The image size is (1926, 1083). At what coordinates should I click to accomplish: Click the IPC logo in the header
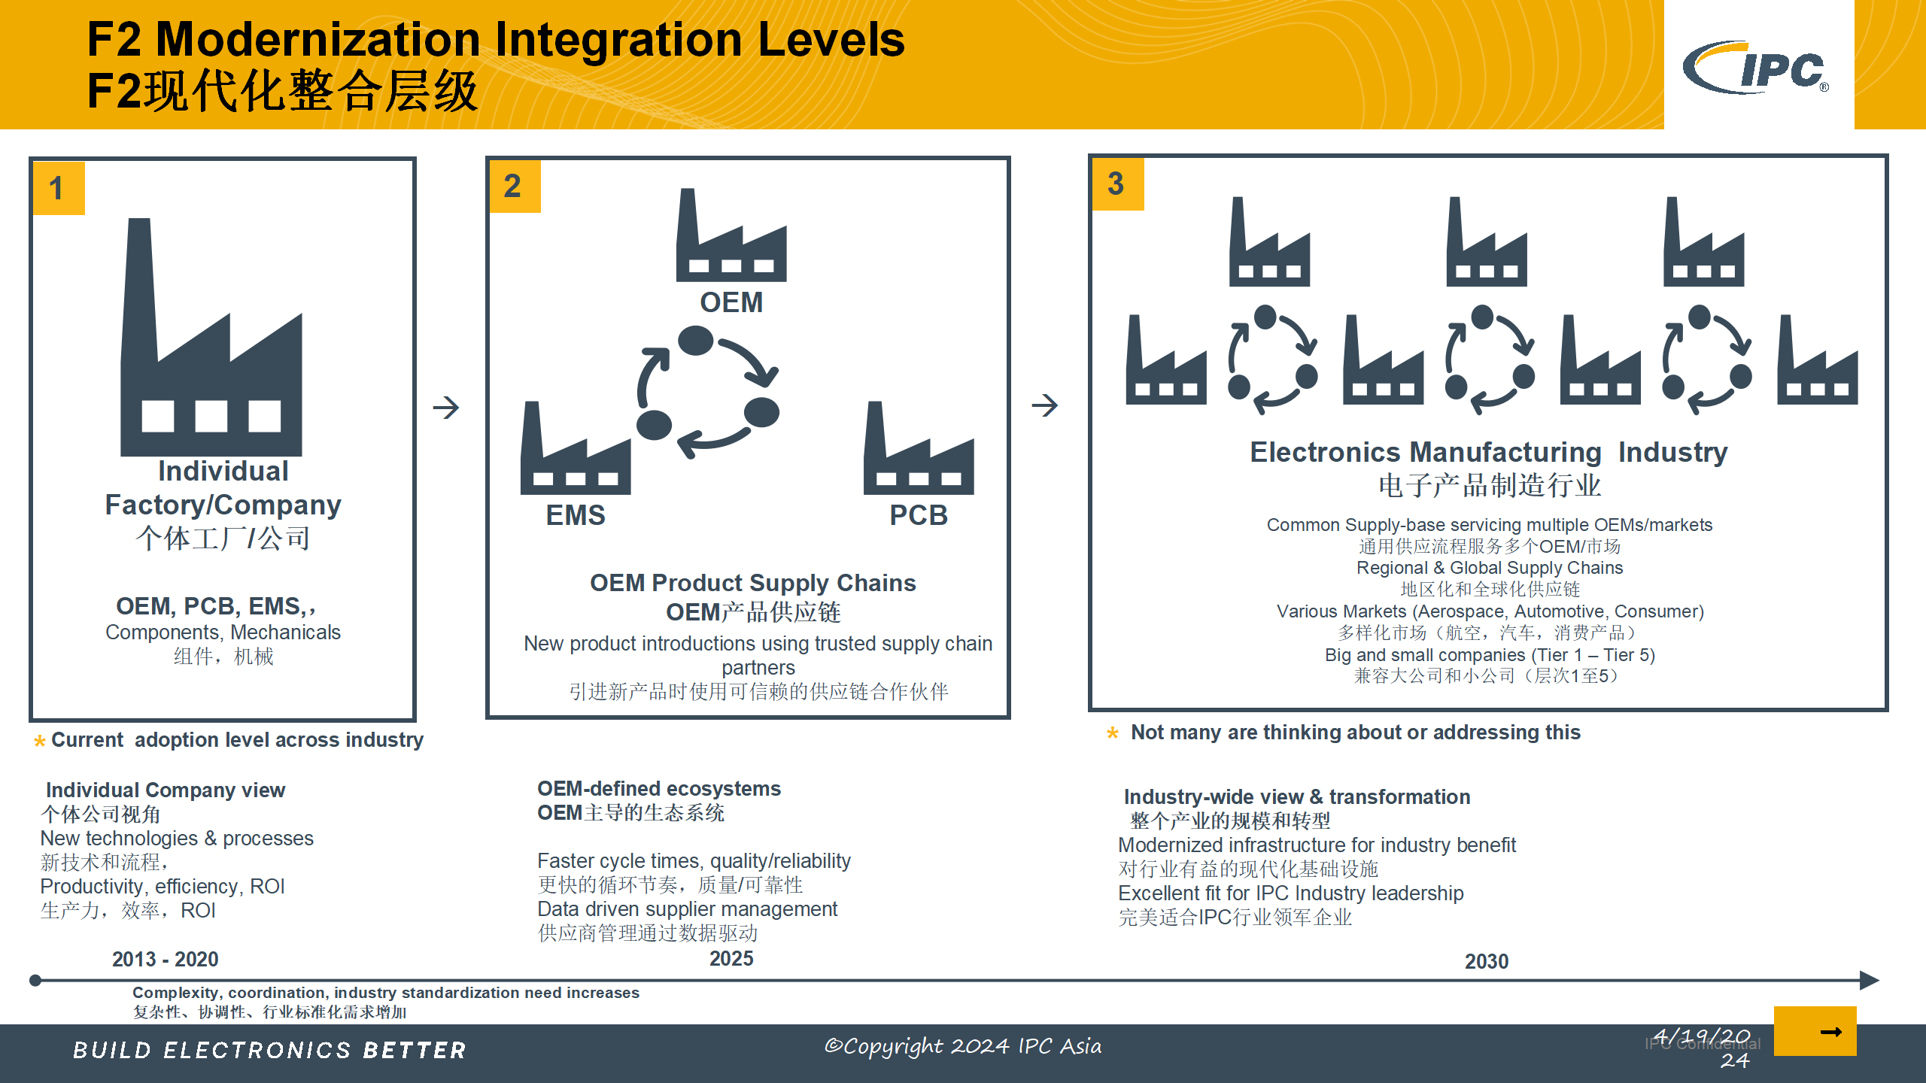(1756, 68)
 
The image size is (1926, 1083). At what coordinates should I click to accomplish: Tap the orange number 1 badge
(59, 188)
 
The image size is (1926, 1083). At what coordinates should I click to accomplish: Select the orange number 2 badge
(515, 187)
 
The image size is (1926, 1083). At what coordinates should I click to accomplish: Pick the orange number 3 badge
(1118, 184)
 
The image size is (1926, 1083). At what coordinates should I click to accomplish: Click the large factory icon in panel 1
(211, 337)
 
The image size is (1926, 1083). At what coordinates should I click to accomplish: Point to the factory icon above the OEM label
(731, 235)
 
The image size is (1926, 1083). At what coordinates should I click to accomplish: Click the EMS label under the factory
(576, 515)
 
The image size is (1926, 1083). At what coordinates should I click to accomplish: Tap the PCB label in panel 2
(919, 515)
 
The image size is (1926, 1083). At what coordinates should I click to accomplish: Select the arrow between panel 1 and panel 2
(446, 408)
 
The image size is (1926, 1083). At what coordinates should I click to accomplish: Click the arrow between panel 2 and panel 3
(1045, 405)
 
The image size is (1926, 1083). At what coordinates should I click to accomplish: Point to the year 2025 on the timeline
(731, 958)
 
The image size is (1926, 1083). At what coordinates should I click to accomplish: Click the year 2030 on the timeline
(1487, 961)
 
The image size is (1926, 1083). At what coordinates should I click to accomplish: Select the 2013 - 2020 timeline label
(166, 959)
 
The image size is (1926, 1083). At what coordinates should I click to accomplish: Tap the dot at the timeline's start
(35, 980)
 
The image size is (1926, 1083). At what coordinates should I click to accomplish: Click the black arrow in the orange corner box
(1831, 1032)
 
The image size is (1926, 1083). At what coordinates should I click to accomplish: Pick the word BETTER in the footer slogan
(415, 1050)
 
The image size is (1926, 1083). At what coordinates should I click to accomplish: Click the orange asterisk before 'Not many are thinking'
(1113, 733)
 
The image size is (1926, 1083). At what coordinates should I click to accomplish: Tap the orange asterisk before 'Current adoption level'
(40, 742)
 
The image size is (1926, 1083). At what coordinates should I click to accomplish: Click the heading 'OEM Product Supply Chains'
(753, 583)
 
